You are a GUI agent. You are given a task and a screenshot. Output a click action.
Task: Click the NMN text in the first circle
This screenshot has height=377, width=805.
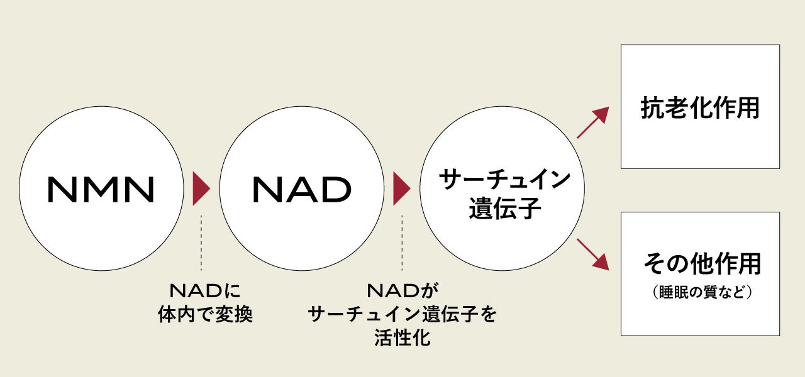101,189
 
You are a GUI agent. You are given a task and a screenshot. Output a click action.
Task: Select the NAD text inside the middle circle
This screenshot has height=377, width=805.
301,189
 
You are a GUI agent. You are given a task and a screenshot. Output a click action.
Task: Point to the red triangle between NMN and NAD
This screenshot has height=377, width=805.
201,188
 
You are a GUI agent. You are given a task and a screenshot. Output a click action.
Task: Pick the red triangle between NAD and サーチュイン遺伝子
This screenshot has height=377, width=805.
401,188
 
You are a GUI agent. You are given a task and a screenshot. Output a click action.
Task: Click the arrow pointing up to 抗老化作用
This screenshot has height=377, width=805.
592,123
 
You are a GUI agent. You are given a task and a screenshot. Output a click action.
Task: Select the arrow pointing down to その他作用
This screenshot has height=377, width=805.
592,254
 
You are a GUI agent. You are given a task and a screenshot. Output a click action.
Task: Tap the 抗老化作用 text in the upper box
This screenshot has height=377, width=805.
700,108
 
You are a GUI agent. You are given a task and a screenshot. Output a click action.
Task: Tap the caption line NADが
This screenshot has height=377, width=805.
402,291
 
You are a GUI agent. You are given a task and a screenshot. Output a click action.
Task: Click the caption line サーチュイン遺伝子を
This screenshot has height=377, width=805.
402,314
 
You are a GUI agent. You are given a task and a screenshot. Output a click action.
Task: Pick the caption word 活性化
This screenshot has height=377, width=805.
402,337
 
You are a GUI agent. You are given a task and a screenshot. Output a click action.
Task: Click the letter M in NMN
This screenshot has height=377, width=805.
101,189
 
